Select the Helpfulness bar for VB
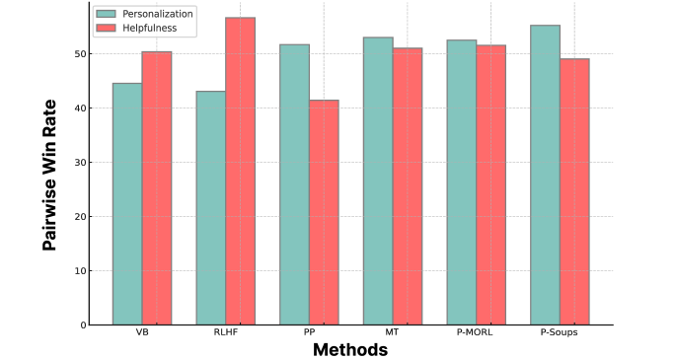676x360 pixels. coord(157,187)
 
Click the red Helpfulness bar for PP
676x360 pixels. coord(324,212)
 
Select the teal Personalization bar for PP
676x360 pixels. coord(295,184)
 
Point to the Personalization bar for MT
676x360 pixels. coord(378,180)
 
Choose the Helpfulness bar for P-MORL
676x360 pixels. coord(491,184)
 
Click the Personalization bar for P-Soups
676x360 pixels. coord(546,175)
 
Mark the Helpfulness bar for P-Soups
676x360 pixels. coord(574,191)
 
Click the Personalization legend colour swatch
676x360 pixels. coord(107,14)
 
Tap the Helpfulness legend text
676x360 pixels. coord(149,28)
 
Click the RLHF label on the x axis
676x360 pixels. coord(226,333)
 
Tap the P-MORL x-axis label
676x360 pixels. coord(477,333)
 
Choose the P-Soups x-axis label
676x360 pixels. coord(561,333)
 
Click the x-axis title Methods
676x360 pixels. coord(350,349)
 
